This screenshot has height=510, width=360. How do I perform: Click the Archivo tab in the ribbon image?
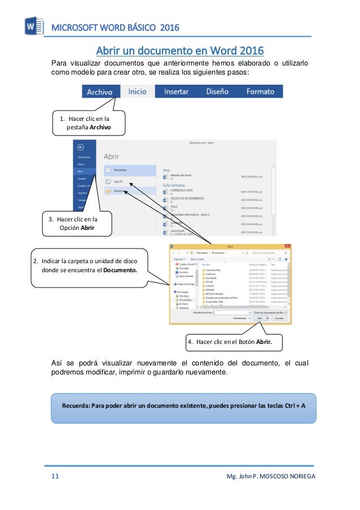pyautogui.click(x=101, y=91)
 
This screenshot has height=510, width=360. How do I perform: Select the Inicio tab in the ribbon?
pyautogui.click(x=137, y=91)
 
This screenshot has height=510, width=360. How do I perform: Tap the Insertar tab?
pyautogui.click(x=176, y=91)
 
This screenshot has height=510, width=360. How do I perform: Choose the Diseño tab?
pyautogui.click(x=217, y=91)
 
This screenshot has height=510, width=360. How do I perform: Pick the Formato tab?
pyautogui.click(x=260, y=91)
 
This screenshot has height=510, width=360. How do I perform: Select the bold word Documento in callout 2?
pyautogui.click(x=120, y=270)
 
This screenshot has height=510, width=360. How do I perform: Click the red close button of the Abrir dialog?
pyautogui.click(x=287, y=246)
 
